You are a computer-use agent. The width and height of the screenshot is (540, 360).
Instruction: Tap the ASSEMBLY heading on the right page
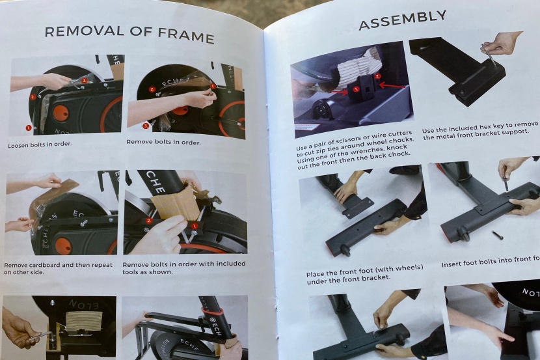click(403, 21)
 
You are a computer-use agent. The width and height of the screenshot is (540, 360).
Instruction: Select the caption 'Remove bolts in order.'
click(163, 141)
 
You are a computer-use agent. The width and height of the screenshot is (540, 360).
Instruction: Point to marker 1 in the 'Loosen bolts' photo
click(28, 128)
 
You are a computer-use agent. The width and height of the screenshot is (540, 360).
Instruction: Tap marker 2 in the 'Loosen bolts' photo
click(33, 97)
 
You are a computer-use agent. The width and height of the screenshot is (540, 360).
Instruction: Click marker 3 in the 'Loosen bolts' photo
click(84, 80)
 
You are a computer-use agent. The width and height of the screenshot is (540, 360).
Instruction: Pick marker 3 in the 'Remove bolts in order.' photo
click(146, 125)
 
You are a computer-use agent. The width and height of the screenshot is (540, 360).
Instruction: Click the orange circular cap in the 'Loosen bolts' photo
click(61, 113)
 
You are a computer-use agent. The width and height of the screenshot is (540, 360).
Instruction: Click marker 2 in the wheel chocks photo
click(377, 76)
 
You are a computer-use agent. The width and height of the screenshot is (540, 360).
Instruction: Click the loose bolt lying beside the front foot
click(497, 234)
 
